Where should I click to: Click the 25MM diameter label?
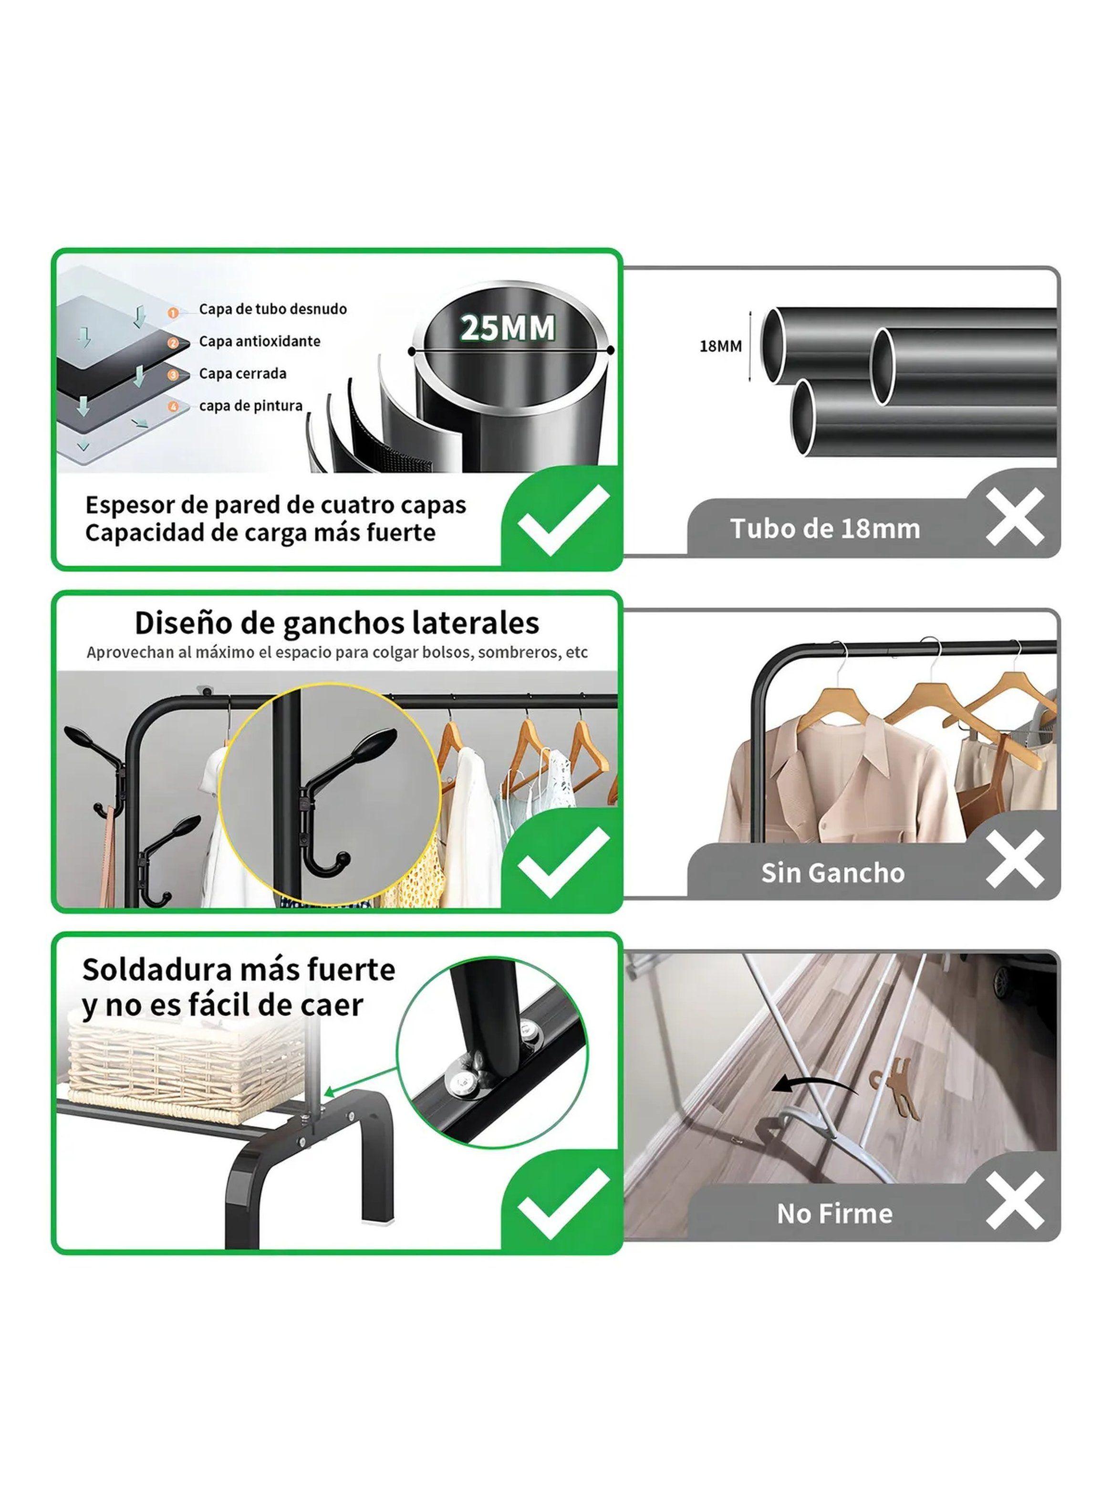508,328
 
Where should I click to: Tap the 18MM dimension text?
720,346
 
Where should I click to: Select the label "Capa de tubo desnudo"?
272,309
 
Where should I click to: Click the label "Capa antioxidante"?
259,341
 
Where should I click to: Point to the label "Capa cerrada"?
242,374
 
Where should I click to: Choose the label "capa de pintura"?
250,406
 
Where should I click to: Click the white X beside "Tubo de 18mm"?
1015,517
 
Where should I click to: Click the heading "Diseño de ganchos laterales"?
337,623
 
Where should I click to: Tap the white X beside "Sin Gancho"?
1015,859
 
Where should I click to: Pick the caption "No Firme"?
835,1214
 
